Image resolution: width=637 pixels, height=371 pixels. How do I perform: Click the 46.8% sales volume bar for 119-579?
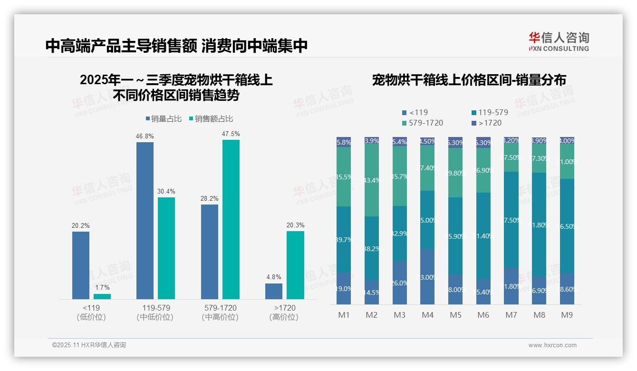click(145, 220)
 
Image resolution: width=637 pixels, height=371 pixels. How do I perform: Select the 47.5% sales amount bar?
click(231, 219)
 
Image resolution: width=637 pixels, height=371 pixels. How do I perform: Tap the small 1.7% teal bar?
click(102, 296)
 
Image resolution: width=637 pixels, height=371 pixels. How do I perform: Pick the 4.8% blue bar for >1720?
click(274, 291)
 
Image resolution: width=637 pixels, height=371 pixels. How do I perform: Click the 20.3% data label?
click(295, 225)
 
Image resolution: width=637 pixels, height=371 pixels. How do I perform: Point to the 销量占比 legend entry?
click(163, 119)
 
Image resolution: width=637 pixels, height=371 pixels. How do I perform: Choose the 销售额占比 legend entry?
click(211, 119)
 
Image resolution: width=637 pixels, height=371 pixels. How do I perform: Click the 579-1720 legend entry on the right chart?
click(423, 123)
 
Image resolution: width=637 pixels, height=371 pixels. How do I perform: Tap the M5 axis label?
click(455, 315)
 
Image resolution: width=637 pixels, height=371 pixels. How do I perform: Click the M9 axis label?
click(567, 315)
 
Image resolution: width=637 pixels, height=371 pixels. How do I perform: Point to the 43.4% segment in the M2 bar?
click(372, 180)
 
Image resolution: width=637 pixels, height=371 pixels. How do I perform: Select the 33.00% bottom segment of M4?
click(427, 277)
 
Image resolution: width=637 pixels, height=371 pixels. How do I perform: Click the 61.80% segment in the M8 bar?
click(539, 225)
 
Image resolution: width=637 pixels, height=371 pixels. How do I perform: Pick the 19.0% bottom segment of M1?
click(344, 288)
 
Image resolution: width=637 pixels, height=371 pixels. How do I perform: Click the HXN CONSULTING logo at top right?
click(559, 41)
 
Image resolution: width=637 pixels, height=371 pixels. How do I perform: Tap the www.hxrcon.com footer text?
click(552, 345)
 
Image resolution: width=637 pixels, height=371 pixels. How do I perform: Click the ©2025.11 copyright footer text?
click(89, 345)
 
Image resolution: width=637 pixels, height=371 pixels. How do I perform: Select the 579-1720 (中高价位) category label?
click(219, 312)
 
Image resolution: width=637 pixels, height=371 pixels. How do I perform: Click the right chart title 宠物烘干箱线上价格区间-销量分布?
click(469, 80)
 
